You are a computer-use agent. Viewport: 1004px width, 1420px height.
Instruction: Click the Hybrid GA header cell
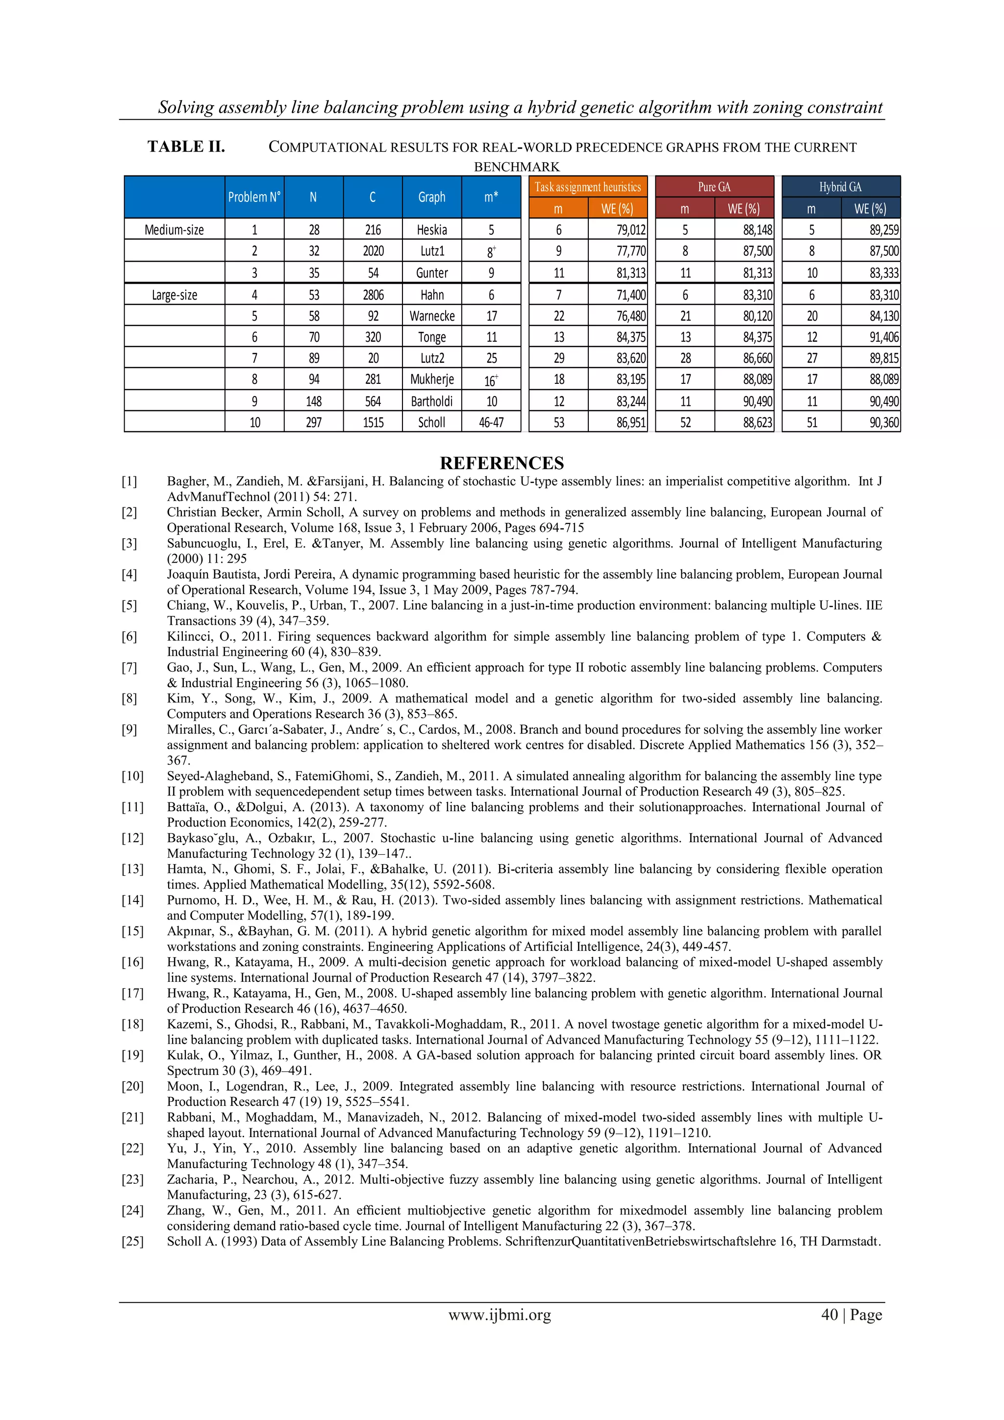pyautogui.click(x=840, y=187)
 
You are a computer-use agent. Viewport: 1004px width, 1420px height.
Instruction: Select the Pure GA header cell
pyautogui.click(x=714, y=187)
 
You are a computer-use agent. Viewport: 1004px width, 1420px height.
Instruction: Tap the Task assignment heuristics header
pyautogui.click(x=587, y=187)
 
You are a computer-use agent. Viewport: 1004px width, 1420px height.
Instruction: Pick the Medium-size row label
pyautogui.click(x=174, y=230)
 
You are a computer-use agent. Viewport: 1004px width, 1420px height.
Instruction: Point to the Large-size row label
pyautogui.click(x=175, y=295)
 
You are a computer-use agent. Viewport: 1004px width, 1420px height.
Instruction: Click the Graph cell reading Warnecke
pyautogui.click(x=432, y=316)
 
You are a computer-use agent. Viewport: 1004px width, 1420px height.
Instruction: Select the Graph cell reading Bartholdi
pyautogui.click(x=432, y=401)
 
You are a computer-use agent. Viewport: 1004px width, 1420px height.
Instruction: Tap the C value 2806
pyautogui.click(x=373, y=295)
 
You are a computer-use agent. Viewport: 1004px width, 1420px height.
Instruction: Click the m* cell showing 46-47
pyautogui.click(x=491, y=423)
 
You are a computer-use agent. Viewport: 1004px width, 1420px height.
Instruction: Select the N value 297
pyautogui.click(x=314, y=423)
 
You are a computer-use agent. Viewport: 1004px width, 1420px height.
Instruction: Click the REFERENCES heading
pyautogui.click(x=502, y=463)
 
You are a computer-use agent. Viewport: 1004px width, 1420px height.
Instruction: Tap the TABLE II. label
pyautogui.click(x=186, y=147)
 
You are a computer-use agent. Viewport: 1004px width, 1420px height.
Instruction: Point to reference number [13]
pyautogui.click(x=132, y=869)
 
